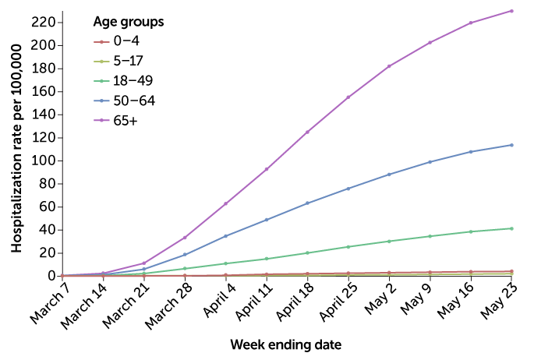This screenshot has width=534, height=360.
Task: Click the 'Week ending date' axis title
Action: [x=286, y=344]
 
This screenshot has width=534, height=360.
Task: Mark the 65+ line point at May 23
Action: [x=511, y=11]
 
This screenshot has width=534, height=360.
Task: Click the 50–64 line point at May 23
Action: [x=511, y=145]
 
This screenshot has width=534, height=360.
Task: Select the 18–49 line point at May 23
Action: [x=511, y=228]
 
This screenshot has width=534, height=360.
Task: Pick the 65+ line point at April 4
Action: [x=225, y=203]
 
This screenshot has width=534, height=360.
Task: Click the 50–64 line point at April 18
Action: [x=307, y=203]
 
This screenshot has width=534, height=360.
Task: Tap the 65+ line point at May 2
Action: [x=389, y=66]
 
